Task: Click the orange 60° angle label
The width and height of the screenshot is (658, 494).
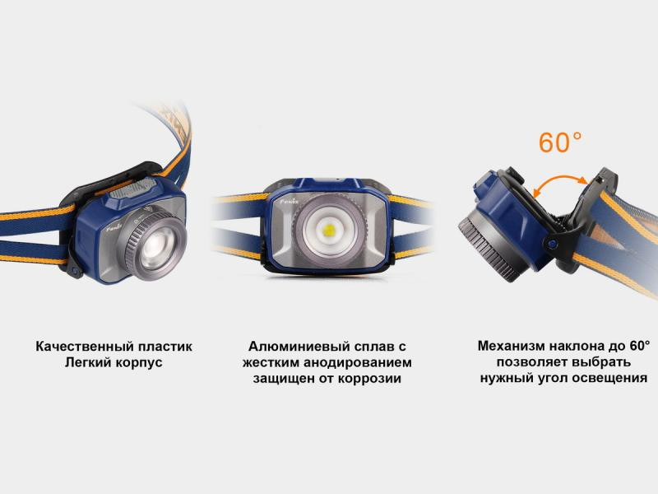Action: point(560,142)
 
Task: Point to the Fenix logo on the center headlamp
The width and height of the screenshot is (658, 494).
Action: point(289,198)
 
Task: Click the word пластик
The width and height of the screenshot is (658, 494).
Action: point(169,347)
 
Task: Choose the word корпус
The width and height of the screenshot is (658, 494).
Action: point(137,363)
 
